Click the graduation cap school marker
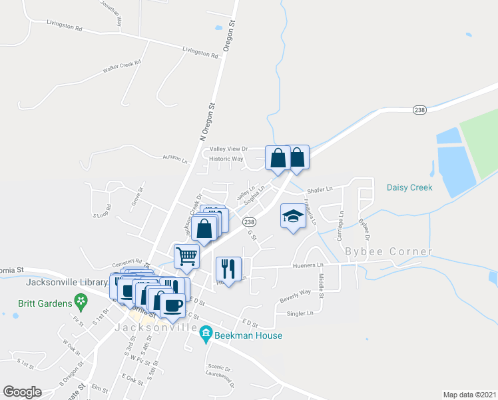tap(292, 216)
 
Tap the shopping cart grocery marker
tap(187, 255)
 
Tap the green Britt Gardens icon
tap(81, 301)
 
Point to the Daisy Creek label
tap(409, 187)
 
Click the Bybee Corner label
tap(389, 251)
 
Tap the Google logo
tap(22, 392)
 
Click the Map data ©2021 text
tap(469, 394)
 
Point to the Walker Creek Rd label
tap(122, 67)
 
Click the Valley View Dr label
tap(228, 149)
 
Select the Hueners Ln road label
tap(308, 265)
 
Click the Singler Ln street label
tap(300, 313)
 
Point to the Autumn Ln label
tap(175, 158)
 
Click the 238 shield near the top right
tap(419, 110)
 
